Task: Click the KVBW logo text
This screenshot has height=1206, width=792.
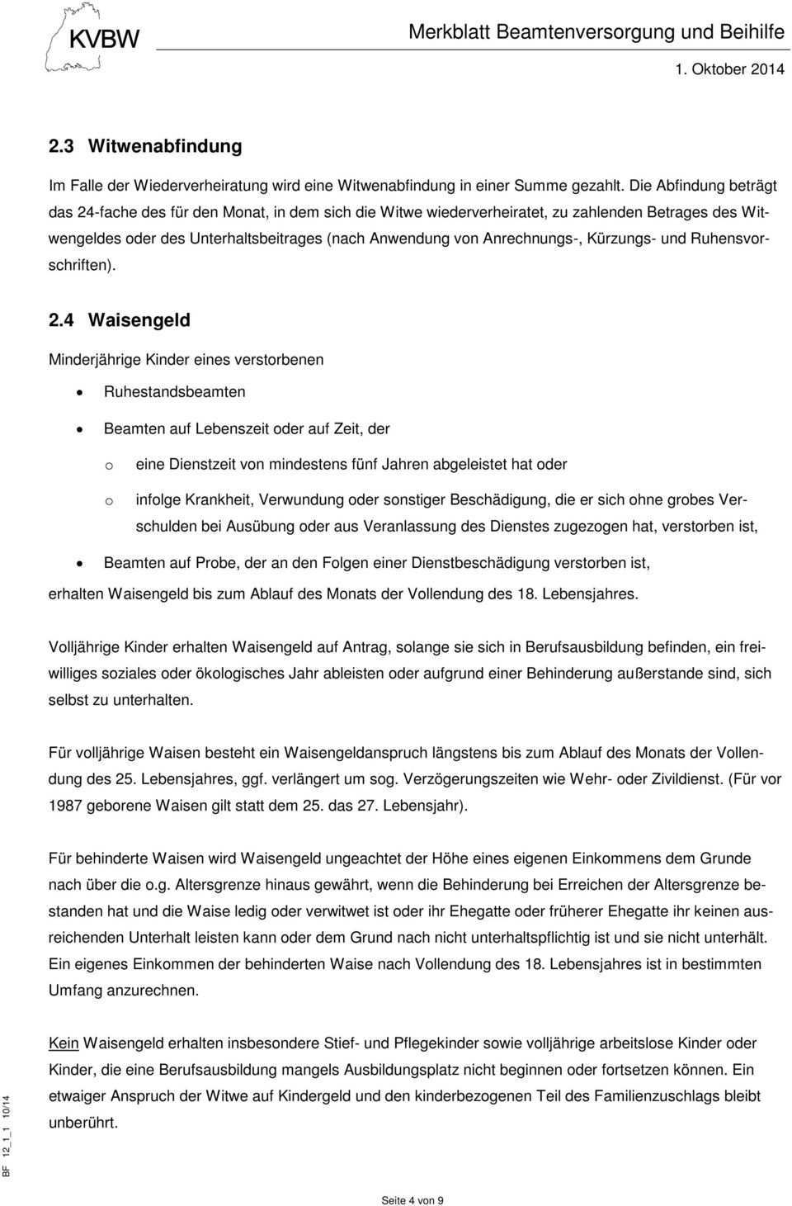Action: click(104, 39)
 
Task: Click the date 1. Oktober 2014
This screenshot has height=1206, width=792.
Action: click(729, 69)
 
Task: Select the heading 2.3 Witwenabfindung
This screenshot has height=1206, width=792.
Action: click(145, 146)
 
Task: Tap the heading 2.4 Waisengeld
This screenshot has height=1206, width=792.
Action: click(120, 319)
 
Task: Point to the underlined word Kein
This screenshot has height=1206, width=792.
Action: click(64, 1043)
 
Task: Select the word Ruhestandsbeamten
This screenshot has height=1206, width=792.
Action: click(174, 392)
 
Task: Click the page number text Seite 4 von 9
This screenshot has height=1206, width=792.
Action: click(412, 1199)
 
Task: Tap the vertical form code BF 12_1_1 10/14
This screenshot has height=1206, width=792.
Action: click(7, 1136)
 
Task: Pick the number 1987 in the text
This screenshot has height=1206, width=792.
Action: click(65, 805)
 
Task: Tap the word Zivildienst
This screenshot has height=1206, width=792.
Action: click(683, 778)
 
